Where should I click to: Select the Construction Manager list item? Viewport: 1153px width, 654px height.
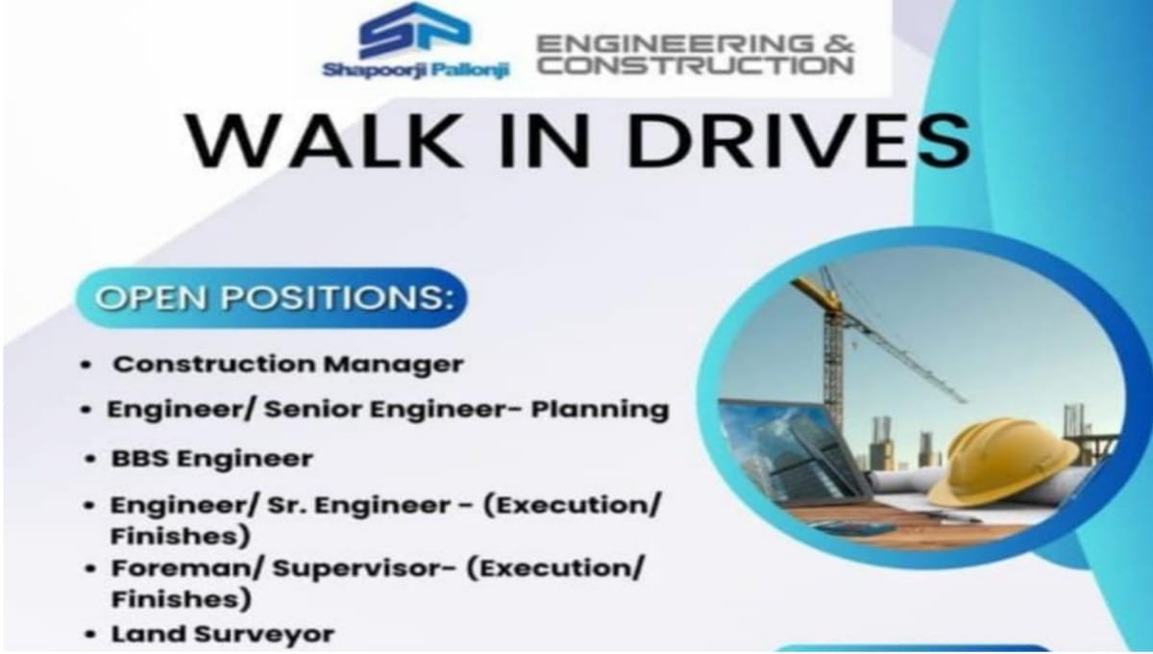coord(287,365)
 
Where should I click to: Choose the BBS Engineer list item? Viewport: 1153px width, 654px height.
coord(211,459)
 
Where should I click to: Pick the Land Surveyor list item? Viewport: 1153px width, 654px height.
coord(223,634)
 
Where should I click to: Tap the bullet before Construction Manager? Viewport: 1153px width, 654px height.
coord(86,366)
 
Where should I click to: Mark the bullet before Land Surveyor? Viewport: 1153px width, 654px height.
coord(89,635)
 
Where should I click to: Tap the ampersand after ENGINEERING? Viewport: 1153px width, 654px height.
coord(834,43)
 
